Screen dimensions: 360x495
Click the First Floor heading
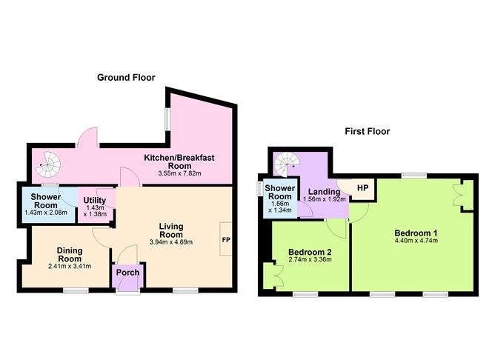pyautogui.click(x=367, y=132)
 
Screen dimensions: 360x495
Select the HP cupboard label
pyautogui.click(x=362, y=188)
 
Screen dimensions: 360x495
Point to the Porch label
pyautogui.click(x=127, y=272)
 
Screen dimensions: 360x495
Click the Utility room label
pyautogui.click(x=95, y=200)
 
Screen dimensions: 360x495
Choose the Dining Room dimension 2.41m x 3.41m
pyautogui.click(x=64, y=266)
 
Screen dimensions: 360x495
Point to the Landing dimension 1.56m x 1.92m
pyautogui.click(x=324, y=199)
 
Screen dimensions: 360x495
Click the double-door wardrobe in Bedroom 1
pyautogui.click(x=461, y=193)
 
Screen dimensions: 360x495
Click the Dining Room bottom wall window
pyautogui.click(x=75, y=290)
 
